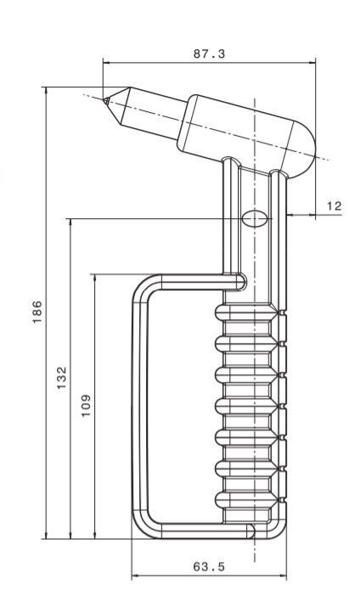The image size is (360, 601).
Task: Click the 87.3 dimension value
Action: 209,54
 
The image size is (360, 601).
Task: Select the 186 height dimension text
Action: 37,312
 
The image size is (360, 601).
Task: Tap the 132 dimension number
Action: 62,378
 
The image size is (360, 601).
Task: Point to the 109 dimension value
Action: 86,406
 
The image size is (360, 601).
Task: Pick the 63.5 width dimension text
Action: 209,566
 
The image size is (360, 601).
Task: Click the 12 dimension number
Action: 334,206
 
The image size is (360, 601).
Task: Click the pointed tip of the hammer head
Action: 104,100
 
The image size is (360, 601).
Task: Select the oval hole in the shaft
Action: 255,219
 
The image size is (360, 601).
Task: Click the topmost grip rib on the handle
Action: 245,312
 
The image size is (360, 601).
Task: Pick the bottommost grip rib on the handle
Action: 245,500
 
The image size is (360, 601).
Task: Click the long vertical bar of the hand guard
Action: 140,407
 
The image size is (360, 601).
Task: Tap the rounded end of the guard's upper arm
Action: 241,282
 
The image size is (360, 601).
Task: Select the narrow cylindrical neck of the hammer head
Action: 155,114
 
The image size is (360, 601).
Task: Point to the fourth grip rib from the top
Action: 245,407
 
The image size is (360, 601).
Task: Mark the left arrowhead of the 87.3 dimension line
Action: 107,63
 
